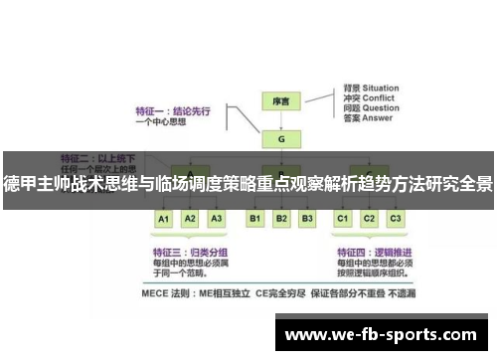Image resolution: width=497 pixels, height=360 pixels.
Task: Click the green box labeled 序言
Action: [x=281, y=101]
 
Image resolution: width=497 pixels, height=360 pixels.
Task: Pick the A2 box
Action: [x=191, y=218]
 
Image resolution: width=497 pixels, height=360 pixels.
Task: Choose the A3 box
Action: [x=217, y=218]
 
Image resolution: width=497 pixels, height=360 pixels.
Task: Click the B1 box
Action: [x=255, y=218]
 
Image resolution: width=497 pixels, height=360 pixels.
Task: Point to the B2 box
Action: [x=281, y=218]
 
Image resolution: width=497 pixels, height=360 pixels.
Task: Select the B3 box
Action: [x=307, y=218]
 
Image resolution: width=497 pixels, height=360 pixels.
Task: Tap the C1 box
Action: [x=343, y=218]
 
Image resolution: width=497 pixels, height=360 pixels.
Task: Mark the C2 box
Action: [x=369, y=218]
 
